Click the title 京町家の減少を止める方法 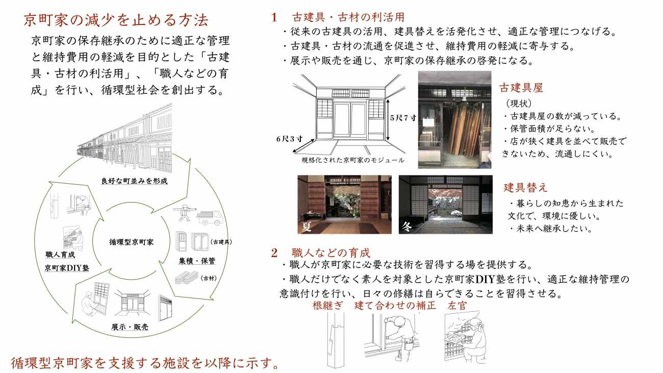click(116, 20)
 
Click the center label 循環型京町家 click(131, 242)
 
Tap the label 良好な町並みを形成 click(134, 181)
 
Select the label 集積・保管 click(197, 261)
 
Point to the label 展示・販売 click(130, 327)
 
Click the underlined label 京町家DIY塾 click(67, 268)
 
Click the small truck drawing click(210, 217)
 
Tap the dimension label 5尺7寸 click(403, 118)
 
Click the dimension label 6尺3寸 click(289, 139)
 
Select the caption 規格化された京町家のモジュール click(353, 160)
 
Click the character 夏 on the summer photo click(307, 227)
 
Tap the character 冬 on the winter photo click(407, 227)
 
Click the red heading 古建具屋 click(521, 88)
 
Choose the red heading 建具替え click(525, 187)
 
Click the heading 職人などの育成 click(331, 253)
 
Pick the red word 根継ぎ click(327, 305)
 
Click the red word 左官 click(457, 305)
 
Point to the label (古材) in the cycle click(209, 278)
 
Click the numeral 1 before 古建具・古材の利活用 click(274, 17)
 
